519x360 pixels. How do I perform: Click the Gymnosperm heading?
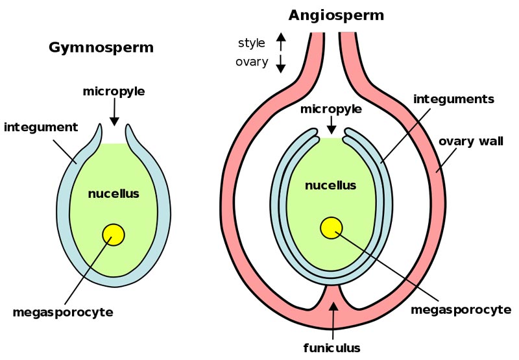101,47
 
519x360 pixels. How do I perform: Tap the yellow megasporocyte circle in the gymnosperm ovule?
114,234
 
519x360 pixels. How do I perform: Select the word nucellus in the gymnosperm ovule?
114,193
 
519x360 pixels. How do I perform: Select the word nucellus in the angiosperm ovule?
330,186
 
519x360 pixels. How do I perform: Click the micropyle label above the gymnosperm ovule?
114,91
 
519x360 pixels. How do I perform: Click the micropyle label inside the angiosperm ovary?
331,109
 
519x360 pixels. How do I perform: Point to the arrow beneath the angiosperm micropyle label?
331,124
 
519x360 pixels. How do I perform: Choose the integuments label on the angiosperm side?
453,99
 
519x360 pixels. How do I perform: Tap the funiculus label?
333,346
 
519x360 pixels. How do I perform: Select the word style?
252,43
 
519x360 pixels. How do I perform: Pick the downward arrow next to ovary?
281,63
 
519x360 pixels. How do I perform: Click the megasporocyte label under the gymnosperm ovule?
63,313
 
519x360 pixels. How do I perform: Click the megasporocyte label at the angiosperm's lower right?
460,309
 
